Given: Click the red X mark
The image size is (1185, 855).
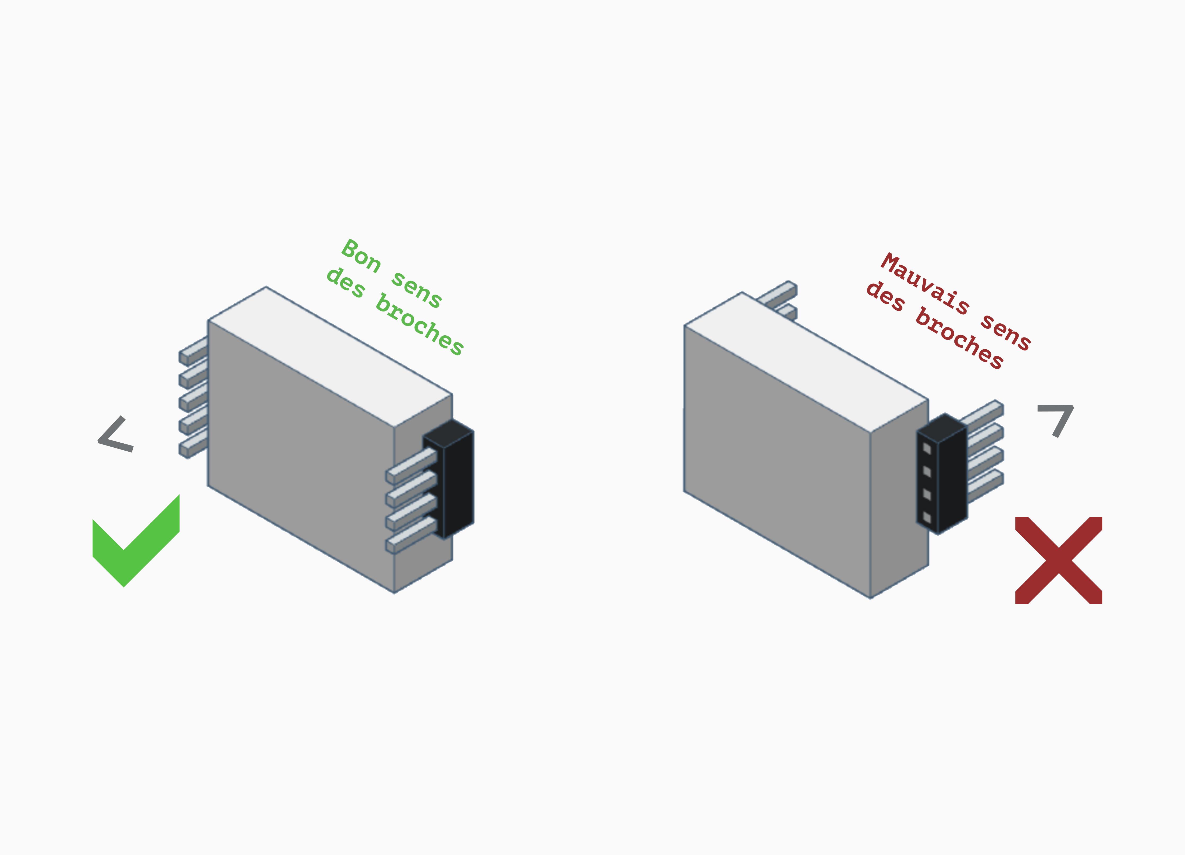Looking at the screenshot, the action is pos(1058,560).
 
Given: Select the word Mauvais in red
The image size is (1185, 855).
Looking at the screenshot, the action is pos(926,283).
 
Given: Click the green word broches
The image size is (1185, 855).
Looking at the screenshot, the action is pos(420,325).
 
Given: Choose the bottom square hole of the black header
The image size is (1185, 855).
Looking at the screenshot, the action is pos(927,517).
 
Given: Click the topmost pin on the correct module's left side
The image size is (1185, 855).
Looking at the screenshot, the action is pos(193,351).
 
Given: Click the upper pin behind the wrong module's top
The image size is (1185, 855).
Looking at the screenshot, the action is pos(777,293).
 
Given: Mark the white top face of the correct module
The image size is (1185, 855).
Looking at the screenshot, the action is pos(330,357).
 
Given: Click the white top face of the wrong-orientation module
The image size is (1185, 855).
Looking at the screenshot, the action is pos(806,362).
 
